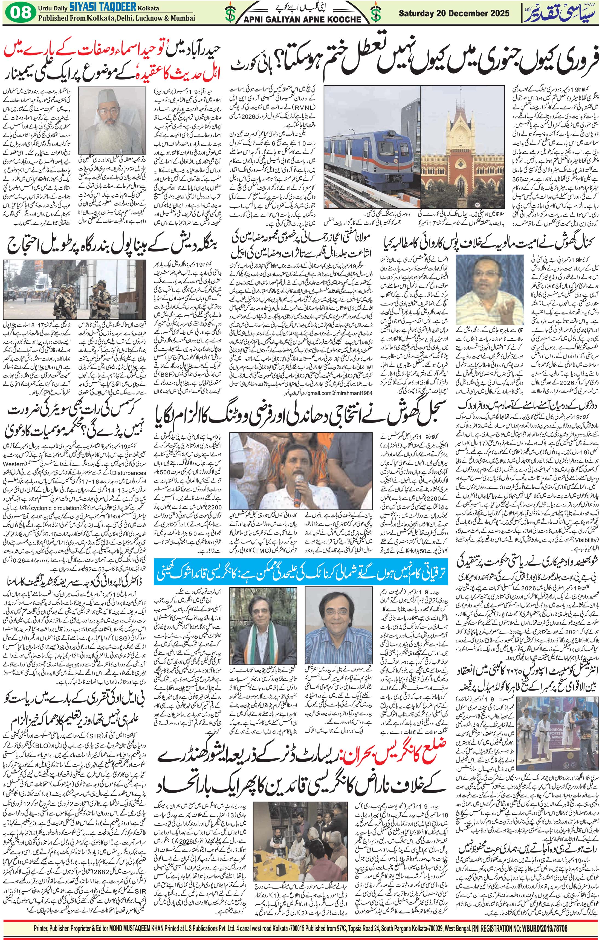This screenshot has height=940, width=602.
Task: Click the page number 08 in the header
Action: [x=20, y=13]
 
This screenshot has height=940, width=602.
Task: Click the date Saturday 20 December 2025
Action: [x=454, y=13]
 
